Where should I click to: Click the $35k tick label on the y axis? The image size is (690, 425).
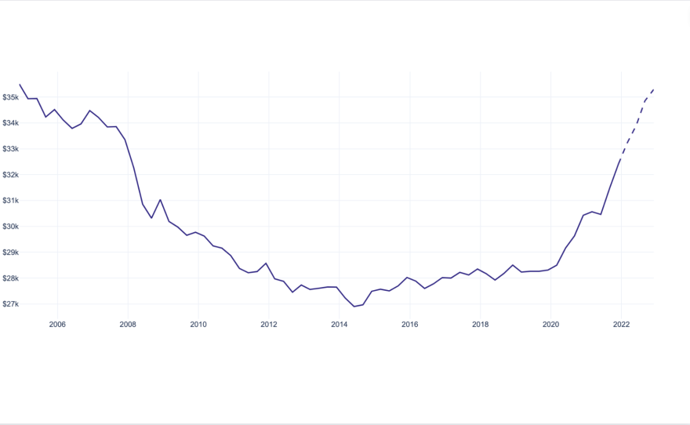click(x=11, y=97)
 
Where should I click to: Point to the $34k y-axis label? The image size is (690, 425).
click(x=11, y=123)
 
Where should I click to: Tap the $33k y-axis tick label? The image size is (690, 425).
click(x=11, y=149)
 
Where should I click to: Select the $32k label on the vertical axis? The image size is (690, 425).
click(x=11, y=175)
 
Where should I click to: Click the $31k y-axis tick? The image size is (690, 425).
click(x=11, y=201)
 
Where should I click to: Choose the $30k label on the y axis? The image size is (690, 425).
click(x=11, y=227)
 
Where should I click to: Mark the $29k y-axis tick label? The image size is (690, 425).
click(x=11, y=252)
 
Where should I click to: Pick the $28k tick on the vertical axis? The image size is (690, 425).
click(x=11, y=278)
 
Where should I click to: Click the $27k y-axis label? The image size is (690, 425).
click(x=11, y=304)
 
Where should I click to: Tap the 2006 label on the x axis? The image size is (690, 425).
click(x=57, y=323)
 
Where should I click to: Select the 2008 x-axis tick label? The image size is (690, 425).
click(x=128, y=323)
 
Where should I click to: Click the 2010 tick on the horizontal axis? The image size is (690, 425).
click(x=198, y=323)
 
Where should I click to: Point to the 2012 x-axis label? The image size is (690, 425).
click(x=269, y=323)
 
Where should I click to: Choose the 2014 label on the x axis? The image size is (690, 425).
click(x=340, y=323)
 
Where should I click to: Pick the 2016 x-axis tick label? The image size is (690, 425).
click(x=410, y=323)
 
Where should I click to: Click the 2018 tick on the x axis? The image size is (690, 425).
click(x=481, y=323)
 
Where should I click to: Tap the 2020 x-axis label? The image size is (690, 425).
click(x=551, y=323)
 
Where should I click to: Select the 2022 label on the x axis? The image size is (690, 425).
click(x=622, y=323)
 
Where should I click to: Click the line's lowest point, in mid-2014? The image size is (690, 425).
click(x=354, y=307)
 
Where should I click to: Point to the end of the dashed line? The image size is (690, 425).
click(x=654, y=89)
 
